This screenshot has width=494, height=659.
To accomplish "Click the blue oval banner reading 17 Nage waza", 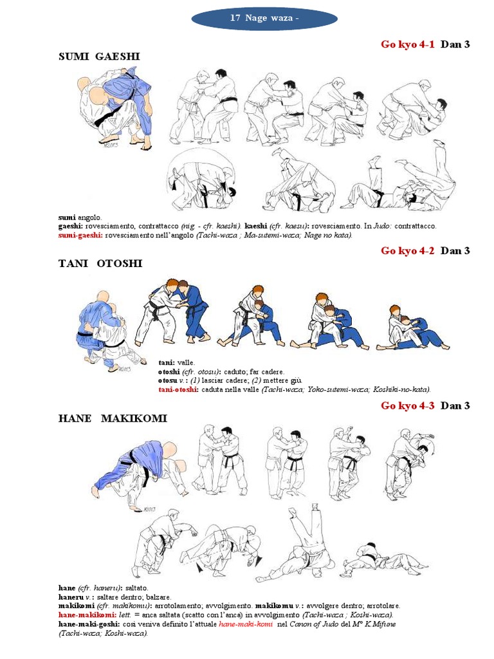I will pyautogui.click(x=264, y=19).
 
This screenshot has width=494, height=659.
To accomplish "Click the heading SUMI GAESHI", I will pyautogui.click(x=99, y=57).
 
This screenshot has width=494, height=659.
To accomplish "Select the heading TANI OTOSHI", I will pyautogui.click(x=100, y=263).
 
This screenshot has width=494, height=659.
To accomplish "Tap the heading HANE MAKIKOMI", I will pyautogui.click(x=112, y=418).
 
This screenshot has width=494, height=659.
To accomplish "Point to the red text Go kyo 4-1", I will pyautogui.click(x=408, y=44).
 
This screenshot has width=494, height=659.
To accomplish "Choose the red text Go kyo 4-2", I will pyautogui.click(x=408, y=251).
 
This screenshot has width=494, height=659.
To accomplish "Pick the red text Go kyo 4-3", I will pyautogui.click(x=408, y=405).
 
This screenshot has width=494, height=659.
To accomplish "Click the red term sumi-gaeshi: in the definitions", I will pyautogui.click(x=80, y=235).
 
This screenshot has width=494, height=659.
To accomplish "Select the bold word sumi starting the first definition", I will pyautogui.click(x=66, y=218).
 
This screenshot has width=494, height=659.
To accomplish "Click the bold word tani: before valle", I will pyautogui.click(x=167, y=363).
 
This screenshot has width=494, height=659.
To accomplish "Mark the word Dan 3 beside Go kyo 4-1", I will pyautogui.click(x=455, y=44).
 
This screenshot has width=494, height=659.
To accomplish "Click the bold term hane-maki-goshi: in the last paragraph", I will pyautogui.click(x=85, y=624).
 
